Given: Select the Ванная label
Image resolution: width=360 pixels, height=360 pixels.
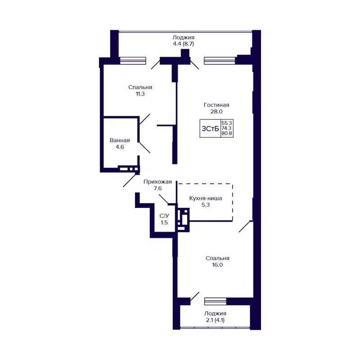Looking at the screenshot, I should (120, 140).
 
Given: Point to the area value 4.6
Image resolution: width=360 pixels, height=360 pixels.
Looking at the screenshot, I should (120, 147).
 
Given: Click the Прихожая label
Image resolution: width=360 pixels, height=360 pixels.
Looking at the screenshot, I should (157, 182).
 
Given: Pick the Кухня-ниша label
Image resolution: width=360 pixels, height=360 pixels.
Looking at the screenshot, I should (206, 197).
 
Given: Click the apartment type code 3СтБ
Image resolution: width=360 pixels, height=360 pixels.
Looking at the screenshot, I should (210, 129).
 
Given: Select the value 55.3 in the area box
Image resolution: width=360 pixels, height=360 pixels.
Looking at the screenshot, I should (227, 123).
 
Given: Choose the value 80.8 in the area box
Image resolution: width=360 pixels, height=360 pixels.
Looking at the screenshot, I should (227, 134).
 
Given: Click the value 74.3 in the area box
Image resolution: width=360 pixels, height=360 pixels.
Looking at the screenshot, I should (227, 128).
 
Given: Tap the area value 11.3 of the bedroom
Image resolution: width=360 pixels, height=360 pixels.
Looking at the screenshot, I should (140, 94).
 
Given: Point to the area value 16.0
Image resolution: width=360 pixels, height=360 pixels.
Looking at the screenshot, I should (217, 265).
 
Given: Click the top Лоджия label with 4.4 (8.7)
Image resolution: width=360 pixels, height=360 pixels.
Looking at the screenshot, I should (183, 37).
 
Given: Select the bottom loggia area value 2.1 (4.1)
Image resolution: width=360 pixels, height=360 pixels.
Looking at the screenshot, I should (215, 320).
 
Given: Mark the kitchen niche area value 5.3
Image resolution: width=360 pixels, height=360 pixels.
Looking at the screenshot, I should (206, 204).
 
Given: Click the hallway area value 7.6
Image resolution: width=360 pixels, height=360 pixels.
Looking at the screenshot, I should (157, 189).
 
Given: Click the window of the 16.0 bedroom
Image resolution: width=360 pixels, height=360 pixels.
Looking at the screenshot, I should (215, 301).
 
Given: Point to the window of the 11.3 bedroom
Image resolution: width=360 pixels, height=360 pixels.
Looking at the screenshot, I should (133, 61).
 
